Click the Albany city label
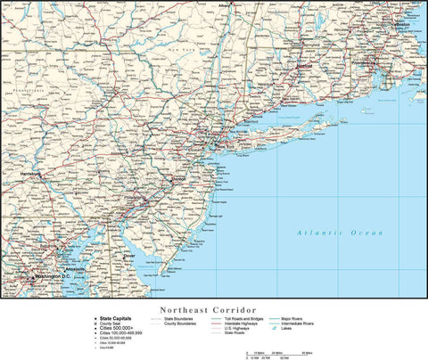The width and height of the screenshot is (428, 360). tap(224, 4)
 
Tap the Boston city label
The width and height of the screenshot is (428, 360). tap(402, 50)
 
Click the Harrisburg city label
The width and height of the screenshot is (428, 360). tap(31, 174)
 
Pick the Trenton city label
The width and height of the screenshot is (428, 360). tap(179, 178)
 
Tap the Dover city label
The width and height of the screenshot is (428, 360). tap(129, 256)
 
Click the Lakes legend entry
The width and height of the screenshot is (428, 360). tap(292, 329)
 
